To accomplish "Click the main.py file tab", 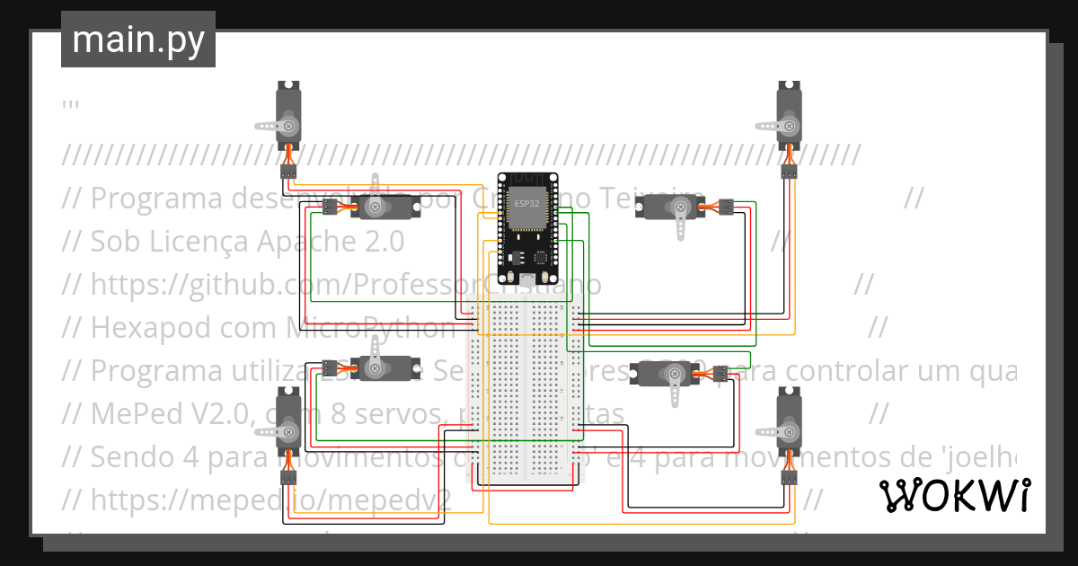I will coord(137,40).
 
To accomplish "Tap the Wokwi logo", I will coord(953,495).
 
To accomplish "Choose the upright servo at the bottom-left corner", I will coord(288,427).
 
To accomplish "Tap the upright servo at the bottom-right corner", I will coord(788,427).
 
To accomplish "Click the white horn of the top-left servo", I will coord(269,125).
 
